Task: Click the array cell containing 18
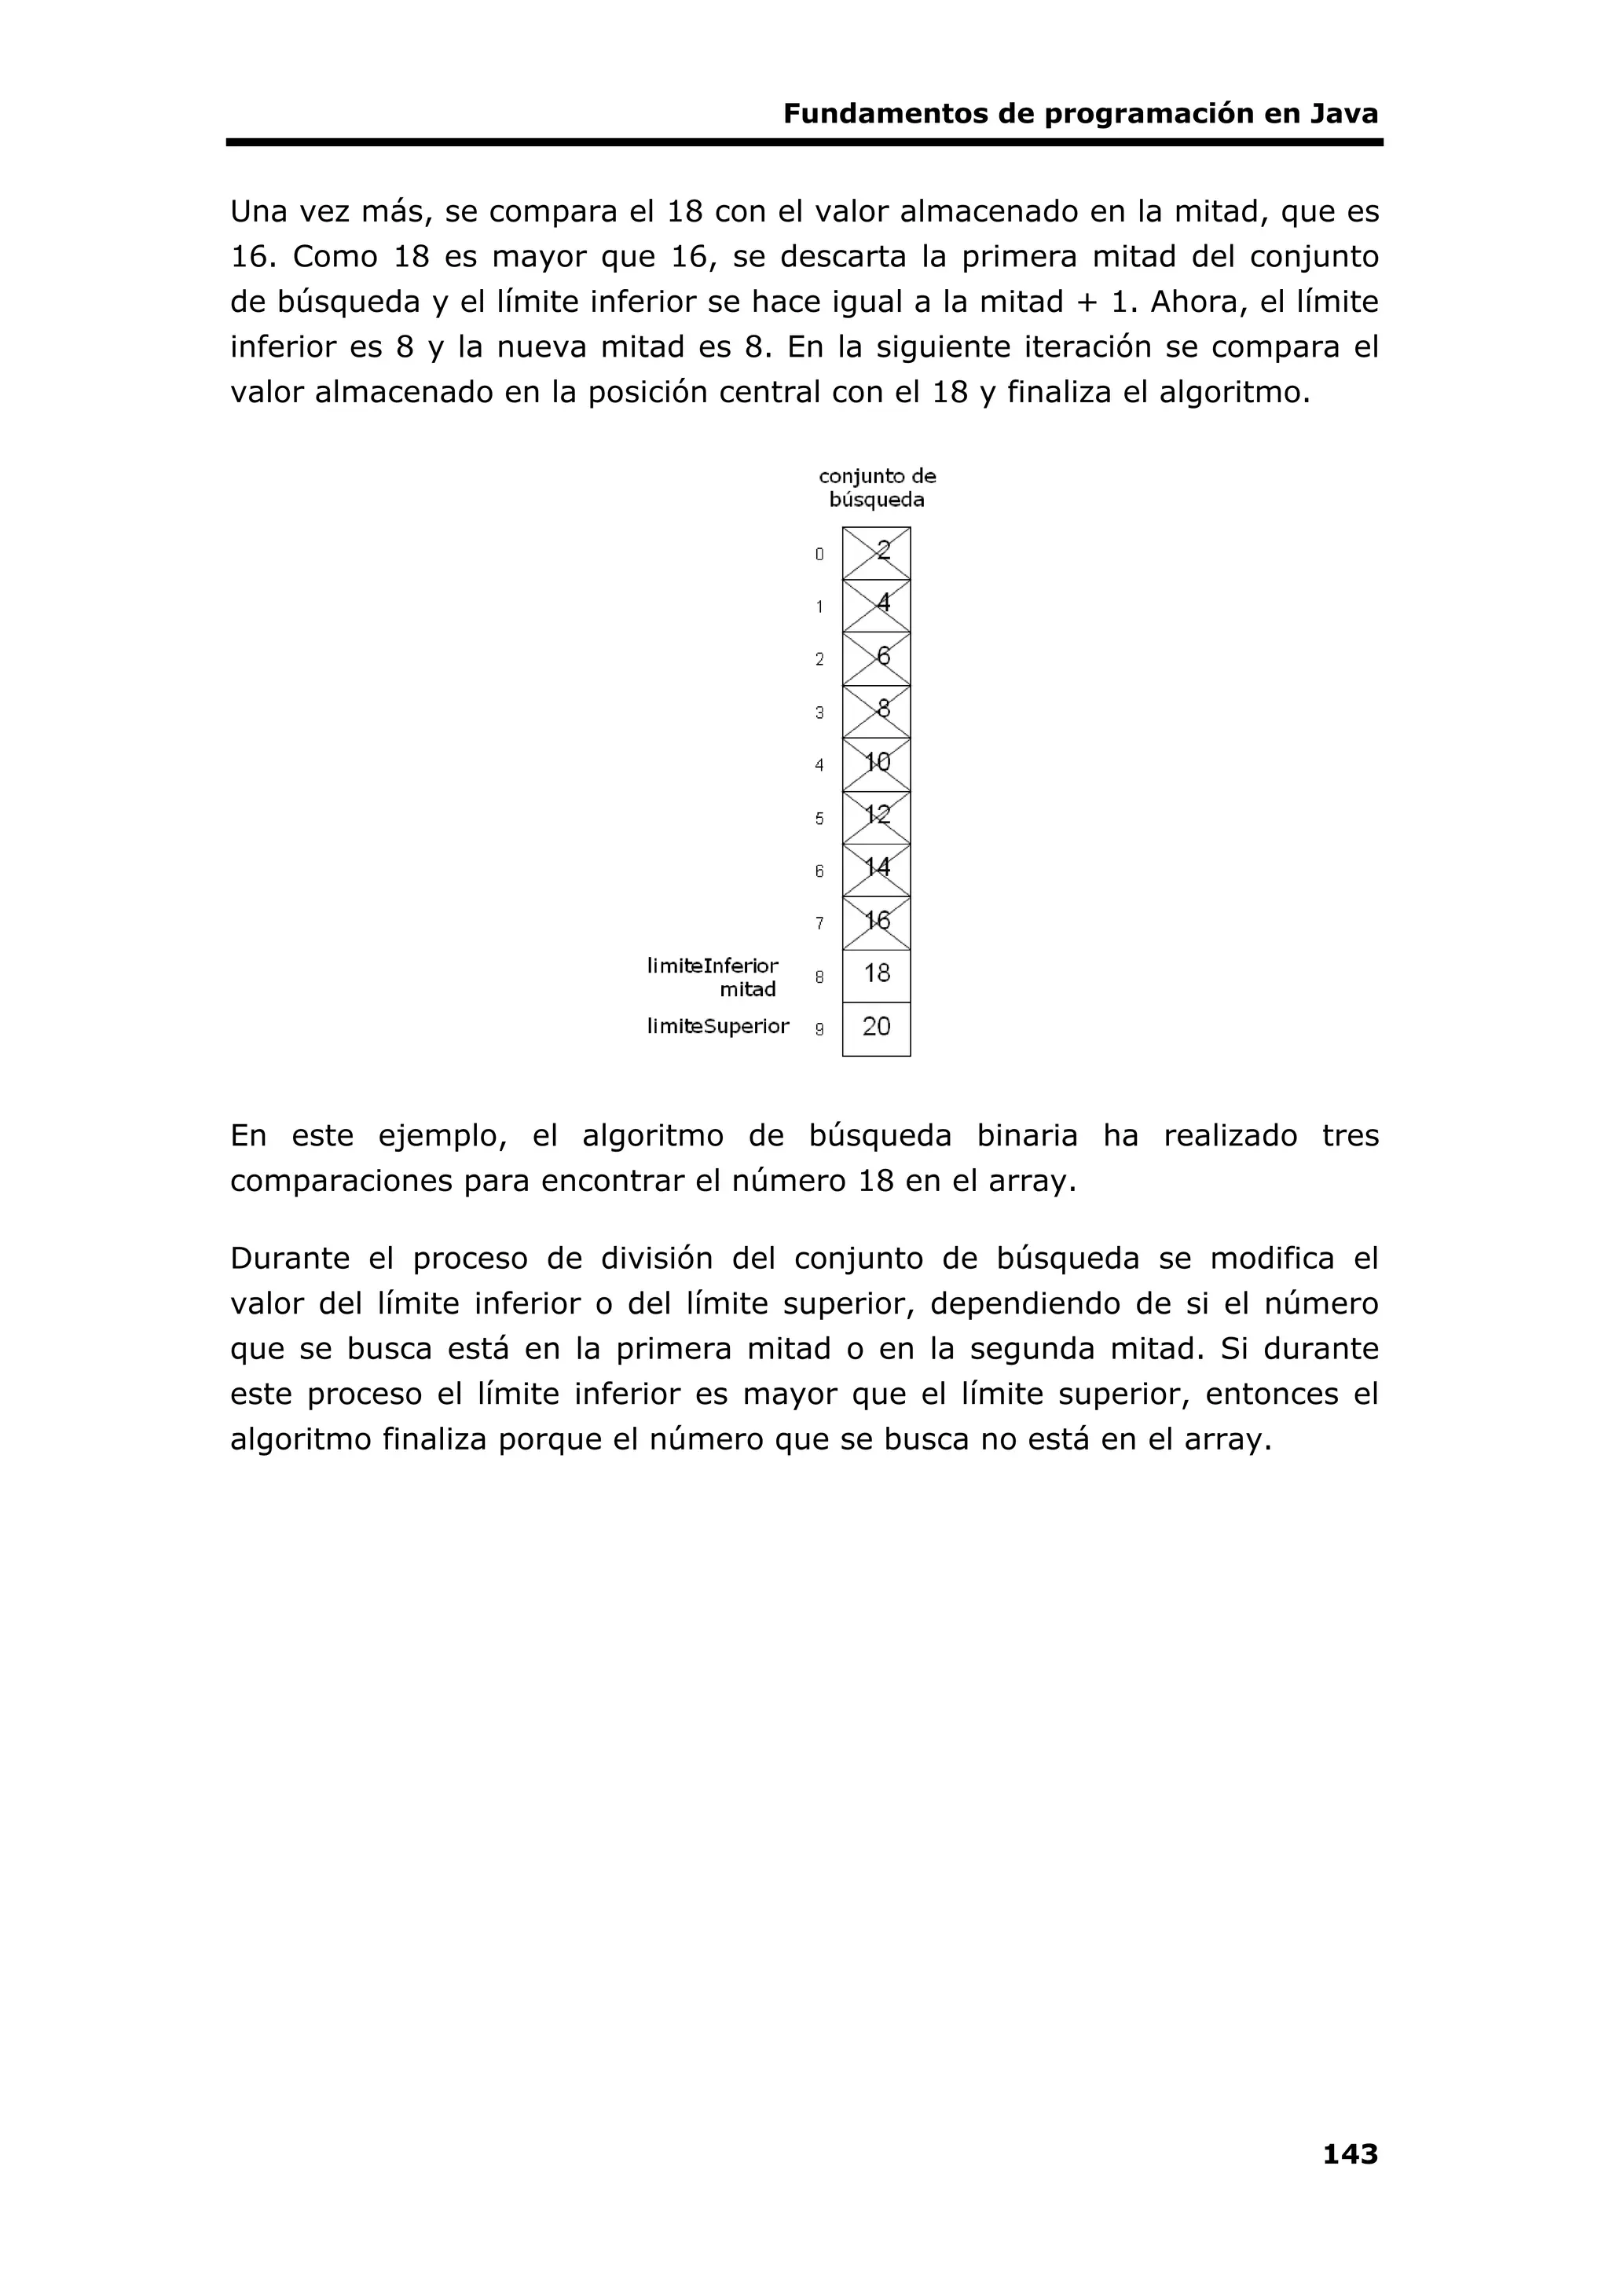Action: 876,976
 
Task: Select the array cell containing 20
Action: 876,1028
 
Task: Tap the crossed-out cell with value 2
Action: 876,553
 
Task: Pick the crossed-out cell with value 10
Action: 876,764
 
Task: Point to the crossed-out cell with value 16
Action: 876,923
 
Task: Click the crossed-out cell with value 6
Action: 876,658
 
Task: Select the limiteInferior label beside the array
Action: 713,966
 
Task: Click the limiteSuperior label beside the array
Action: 718,1027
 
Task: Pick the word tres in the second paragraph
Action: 1351,1136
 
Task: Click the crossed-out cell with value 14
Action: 876,870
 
